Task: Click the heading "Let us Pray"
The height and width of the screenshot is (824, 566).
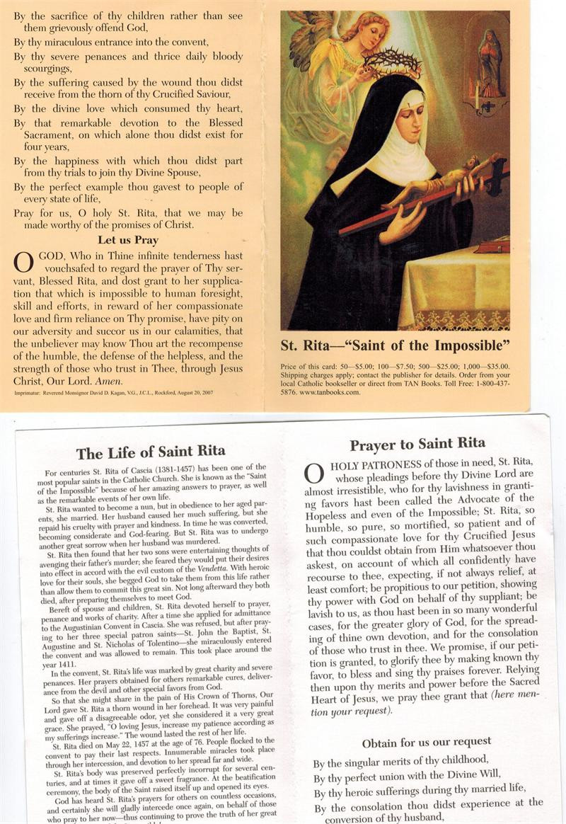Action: [x=127, y=240]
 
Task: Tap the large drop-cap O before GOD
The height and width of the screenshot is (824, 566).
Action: [x=23, y=262]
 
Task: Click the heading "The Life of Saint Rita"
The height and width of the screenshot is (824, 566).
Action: [x=151, y=451]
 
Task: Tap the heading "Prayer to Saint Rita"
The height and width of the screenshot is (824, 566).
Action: [x=417, y=444]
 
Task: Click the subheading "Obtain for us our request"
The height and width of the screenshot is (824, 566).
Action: [x=426, y=742]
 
